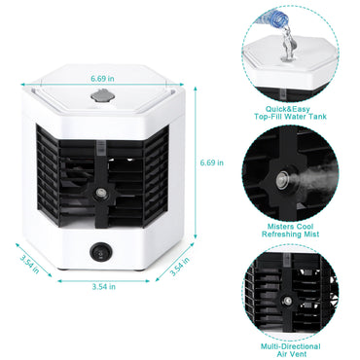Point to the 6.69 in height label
(x=211, y=162)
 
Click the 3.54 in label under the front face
(x=103, y=287)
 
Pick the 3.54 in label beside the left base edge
(x=29, y=264)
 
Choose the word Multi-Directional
(x=293, y=345)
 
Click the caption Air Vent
(x=293, y=355)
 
